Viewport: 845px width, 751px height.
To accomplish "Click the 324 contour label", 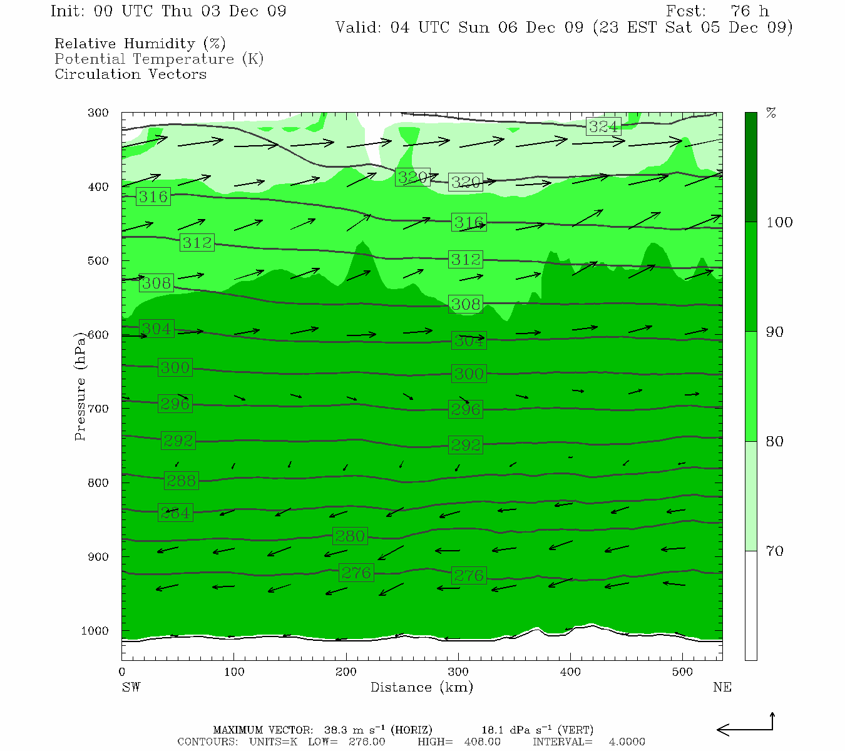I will (603, 126).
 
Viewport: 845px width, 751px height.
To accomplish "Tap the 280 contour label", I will (350, 536).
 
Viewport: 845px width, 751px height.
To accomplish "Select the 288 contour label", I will (181, 481).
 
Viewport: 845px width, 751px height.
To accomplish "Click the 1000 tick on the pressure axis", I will (95, 631).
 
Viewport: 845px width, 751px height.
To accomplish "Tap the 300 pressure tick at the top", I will (98, 113).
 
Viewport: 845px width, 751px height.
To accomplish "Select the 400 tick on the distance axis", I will (570, 672).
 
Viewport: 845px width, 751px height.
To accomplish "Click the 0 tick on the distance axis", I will (122, 672).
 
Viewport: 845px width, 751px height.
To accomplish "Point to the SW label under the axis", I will (131, 687).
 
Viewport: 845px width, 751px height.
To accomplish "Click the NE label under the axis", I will (722, 687).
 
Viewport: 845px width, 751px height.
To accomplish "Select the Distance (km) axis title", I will (421, 687).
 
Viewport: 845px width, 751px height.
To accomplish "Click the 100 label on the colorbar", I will (779, 222).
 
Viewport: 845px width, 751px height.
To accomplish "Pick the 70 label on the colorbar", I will (775, 551).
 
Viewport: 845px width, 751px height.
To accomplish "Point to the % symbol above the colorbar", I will (771, 113).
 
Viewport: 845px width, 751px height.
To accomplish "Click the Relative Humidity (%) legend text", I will (140, 44).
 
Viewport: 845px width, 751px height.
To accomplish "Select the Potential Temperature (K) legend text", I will (159, 59).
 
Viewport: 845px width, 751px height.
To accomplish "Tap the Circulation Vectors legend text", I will (130, 74).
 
